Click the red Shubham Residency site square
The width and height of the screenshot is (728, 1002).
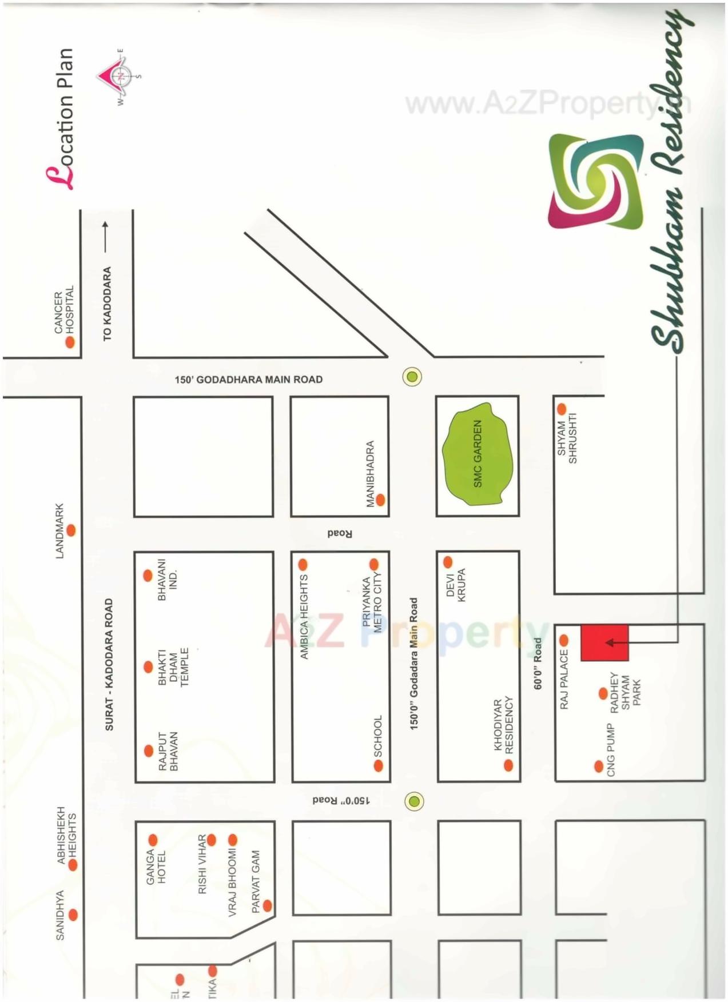click(x=604, y=642)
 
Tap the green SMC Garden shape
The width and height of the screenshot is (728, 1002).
click(x=478, y=454)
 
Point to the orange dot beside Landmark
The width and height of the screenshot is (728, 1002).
click(x=71, y=530)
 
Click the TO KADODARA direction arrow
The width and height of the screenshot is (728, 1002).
click(x=106, y=237)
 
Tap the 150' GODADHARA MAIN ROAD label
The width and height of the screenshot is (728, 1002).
click(x=248, y=380)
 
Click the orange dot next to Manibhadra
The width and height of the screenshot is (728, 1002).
click(x=380, y=500)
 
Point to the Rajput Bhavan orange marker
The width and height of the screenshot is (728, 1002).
click(x=149, y=750)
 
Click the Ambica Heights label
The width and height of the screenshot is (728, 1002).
click(x=304, y=617)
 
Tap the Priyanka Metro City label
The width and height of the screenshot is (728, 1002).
click(x=371, y=605)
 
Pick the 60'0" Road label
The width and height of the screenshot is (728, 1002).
click(x=538, y=663)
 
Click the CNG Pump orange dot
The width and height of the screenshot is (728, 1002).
click(x=599, y=766)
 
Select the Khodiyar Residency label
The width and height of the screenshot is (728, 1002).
click(x=503, y=725)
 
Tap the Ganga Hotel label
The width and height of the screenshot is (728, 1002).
click(x=156, y=867)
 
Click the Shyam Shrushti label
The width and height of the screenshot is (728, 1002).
click(x=567, y=438)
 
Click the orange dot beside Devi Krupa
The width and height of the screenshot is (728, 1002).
click(x=448, y=562)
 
